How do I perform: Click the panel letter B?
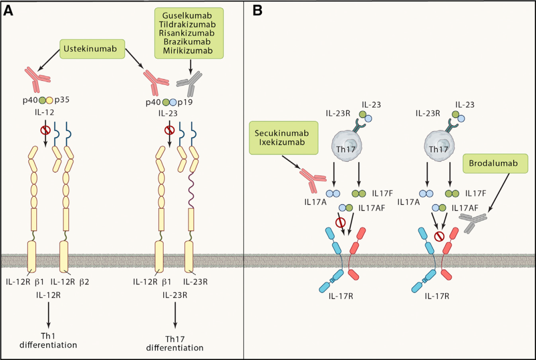[258, 10]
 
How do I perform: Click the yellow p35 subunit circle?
[50, 100]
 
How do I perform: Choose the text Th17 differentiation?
[175, 344]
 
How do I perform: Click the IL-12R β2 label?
[72, 282]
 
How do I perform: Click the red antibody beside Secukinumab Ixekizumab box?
[309, 177]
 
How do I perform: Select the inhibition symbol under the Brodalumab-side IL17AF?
[438, 237]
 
